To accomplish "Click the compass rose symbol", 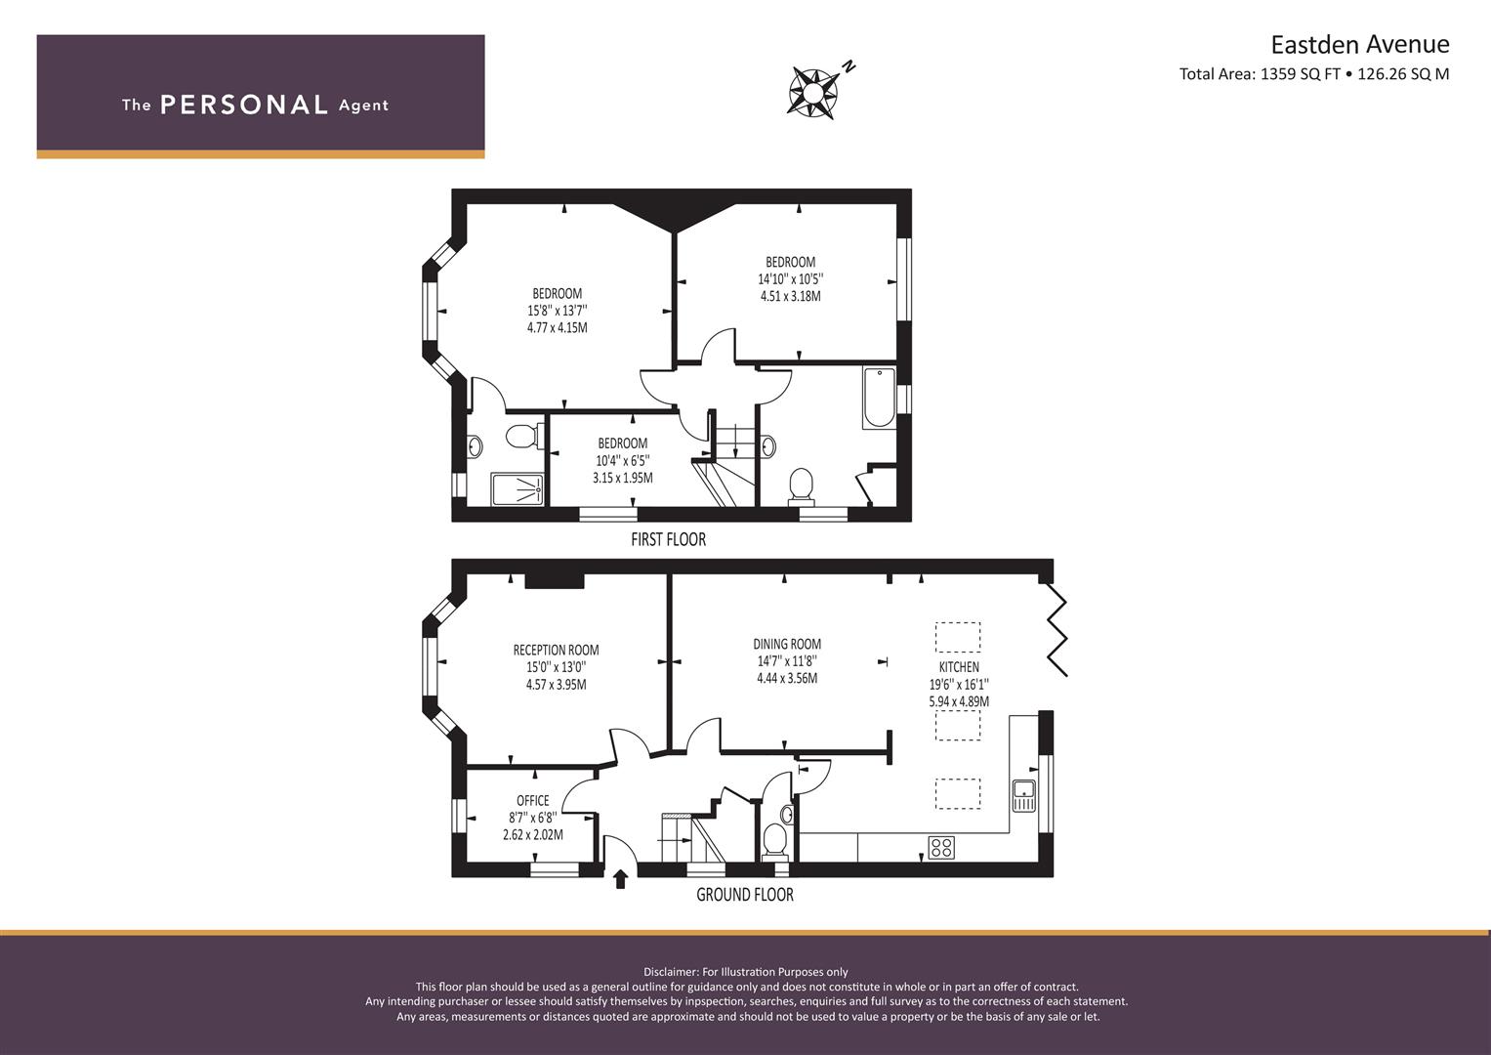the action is click(813, 93).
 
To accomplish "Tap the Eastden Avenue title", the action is click(1360, 45).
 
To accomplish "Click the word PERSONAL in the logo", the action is click(244, 105).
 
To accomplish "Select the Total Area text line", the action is click(1314, 74).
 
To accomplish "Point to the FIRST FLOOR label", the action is click(668, 539).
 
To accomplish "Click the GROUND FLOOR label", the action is click(745, 895).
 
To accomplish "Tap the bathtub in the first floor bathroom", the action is click(880, 397).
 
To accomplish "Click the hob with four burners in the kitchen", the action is click(942, 847).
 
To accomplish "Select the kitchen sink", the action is click(1023, 795).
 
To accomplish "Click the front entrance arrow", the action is click(620, 879).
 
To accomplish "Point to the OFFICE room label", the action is click(533, 801).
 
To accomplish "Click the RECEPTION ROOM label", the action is click(556, 650).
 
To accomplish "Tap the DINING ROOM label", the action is click(787, 644).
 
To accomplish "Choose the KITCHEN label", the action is click(959, 666).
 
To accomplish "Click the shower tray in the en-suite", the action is click(518, 489).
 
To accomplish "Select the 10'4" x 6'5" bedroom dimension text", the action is click(622, 460).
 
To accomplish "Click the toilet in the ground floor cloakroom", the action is click(775, 840).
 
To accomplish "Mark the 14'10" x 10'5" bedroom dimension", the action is click(790, 279).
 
